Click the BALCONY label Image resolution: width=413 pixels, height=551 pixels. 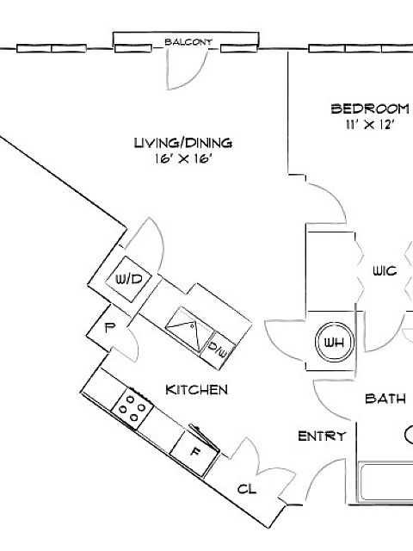pyautogui.click(x=188, y=42)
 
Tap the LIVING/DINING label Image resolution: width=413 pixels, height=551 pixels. pyautogui.click(x=183, y=143)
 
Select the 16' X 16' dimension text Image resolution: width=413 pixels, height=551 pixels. pyautogui.click(x=182, y=158)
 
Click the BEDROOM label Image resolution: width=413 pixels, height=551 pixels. pyautogui.click(x=370, y=108)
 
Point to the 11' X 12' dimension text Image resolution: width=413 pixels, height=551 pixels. pyautogui.click(x=369, y=124)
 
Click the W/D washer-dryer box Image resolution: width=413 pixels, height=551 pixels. pyautogui.click(x=129, y=279)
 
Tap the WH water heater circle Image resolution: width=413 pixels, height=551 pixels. pyautogui.click(x=334, y=342)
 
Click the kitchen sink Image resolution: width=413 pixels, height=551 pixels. pyautogui.click(x=189, y=329)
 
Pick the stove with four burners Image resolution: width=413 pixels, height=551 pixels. pyautogui.click(x=133, y=408)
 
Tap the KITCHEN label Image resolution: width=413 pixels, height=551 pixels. pyautogui.click(x=197, y=390)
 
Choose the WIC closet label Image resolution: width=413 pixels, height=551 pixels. pyautogui.click(x=385, y=271)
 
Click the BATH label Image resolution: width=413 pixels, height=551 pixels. pyautogui.click(x=385, y=399)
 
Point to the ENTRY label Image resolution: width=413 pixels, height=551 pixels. pyautogui.click(x=322, y=436)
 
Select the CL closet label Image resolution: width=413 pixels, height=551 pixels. pyautogui.click(x=247, y=489)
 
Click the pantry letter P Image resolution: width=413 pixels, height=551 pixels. pyautogui.click(x=110, y=328)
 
